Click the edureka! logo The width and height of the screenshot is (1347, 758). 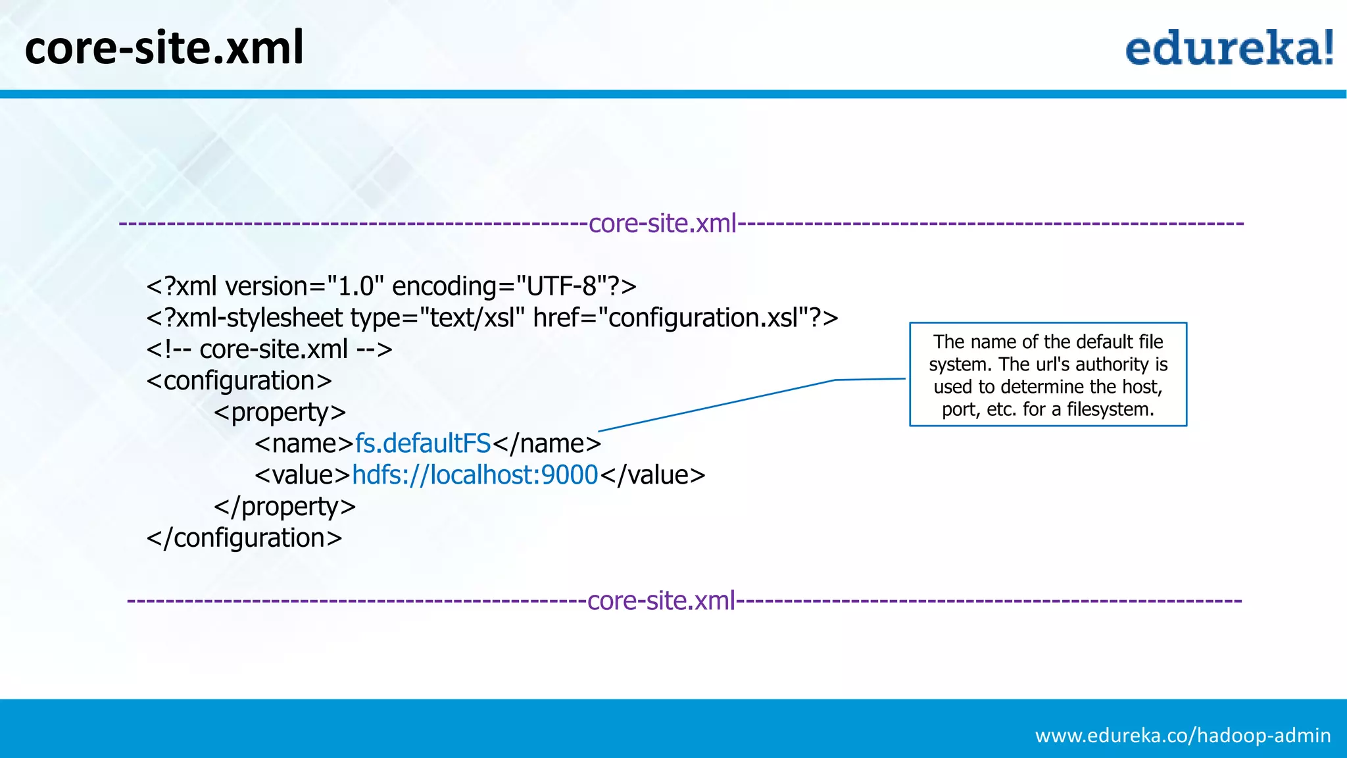(x=1229, y=48)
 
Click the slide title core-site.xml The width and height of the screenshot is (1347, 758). (x=164, y=48)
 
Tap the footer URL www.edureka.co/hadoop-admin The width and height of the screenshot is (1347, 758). (x=1183, y=735)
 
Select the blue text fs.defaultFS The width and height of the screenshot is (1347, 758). (x=423, y=443)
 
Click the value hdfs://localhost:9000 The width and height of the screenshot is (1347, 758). (x=475, y=475)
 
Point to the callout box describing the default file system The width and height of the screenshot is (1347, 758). (x=1048, y=374)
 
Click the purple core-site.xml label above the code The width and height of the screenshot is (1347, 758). (x=662, y=224)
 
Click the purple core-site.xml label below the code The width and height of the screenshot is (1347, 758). (x=661, y=601)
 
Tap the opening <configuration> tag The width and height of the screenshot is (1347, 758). (x=239, y=381)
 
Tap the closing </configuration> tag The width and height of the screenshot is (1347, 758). (x=244, y=538)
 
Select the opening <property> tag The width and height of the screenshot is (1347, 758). (x=280, y=413)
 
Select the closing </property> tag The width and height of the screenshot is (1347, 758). (x=285, y=507)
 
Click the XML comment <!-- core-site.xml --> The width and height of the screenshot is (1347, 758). (x=270, y=349)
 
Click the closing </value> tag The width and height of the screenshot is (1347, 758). (x=652, y=475)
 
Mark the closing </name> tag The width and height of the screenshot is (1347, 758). (x=547, y=443)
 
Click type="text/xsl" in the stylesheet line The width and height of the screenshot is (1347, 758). (x=437, y=318)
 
